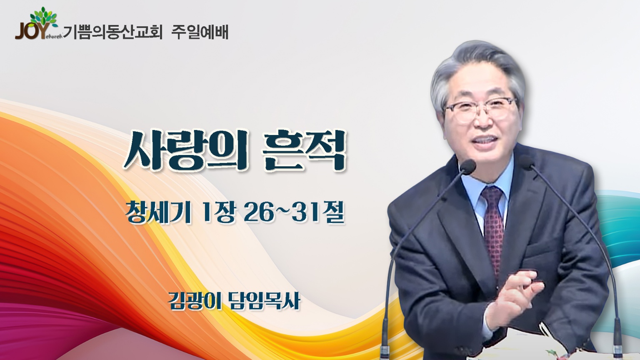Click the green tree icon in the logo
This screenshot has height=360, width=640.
coord(44,17)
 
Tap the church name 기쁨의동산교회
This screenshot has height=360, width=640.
coord(112,32)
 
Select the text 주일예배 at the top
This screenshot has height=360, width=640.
coord(200,32)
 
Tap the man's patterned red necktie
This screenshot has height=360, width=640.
coord(493,229)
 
